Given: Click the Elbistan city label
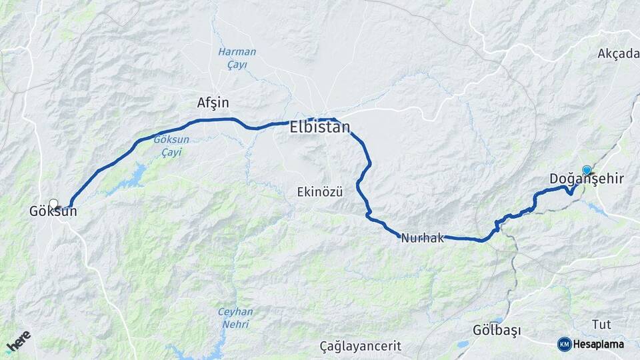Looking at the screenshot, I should tap(320, 127).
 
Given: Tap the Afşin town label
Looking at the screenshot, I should tap(213, 103).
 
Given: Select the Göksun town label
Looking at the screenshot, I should tap(53, 211).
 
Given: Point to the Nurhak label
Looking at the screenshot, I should tap(423, 238).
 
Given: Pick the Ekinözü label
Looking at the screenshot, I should tap(320, 193).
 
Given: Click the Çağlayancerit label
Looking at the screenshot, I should tap(360, 346).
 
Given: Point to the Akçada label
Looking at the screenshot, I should tap(618, 53).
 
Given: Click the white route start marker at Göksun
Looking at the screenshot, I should tap(54, 203).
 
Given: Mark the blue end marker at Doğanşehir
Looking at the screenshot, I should tap(587, 171).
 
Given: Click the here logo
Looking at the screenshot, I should tap(19, 341).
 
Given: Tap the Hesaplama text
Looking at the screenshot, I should tap(599, 344).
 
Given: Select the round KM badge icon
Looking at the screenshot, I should tap(564, 344).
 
